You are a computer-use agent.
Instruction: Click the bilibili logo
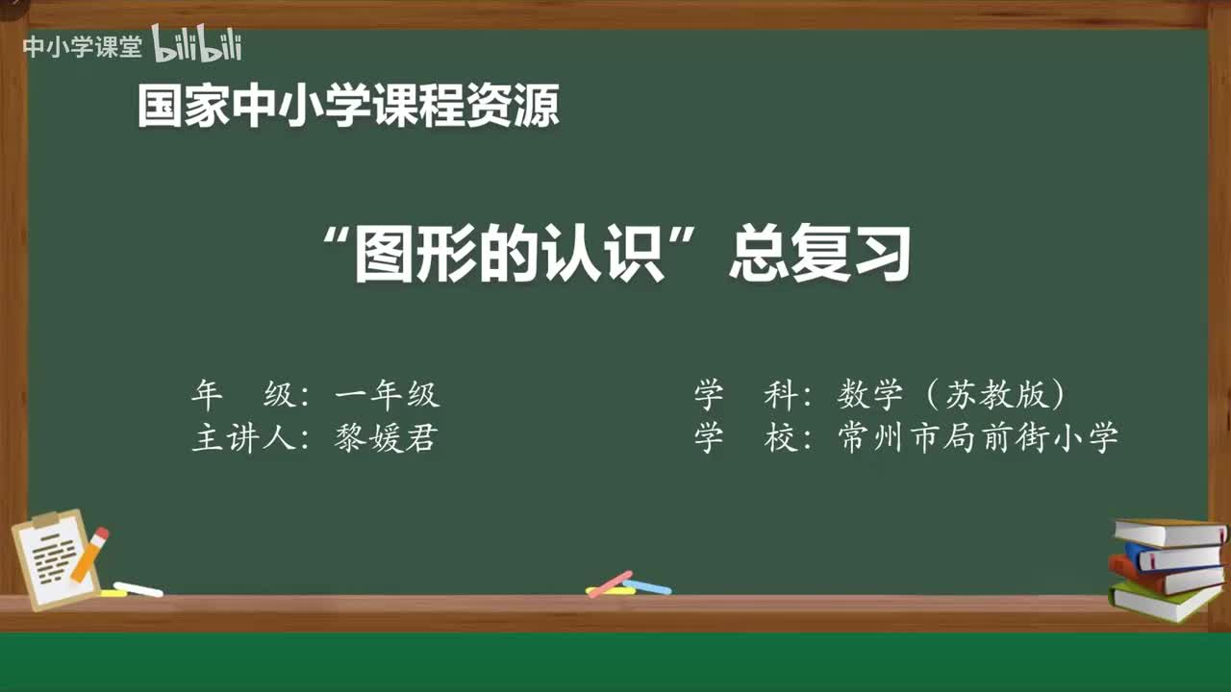pyautogui.click(x=196, y=45)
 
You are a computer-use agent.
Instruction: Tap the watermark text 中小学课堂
pyautogui.click(x=82, y=47)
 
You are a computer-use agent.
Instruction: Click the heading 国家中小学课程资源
pyautogui.click(x=347, y=106)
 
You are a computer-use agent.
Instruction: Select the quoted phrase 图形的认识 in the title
pyautogui.click(x=509, y=256)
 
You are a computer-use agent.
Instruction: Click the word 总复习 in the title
pyautogui.click(x=818, y=256)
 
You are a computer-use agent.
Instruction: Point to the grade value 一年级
pyautogui.click(x=387, y=395)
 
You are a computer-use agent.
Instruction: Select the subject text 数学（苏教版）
pyautogui.click(x=951, y=395)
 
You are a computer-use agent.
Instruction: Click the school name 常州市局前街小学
pyautogui.click(x=978, y=439)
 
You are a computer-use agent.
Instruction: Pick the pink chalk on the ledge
pyautogui.click(x=609, y=582)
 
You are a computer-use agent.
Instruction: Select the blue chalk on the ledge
pyautogui.click(x=647, y=586)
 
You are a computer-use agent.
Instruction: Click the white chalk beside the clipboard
pyautogui.click(x=138, y=589)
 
